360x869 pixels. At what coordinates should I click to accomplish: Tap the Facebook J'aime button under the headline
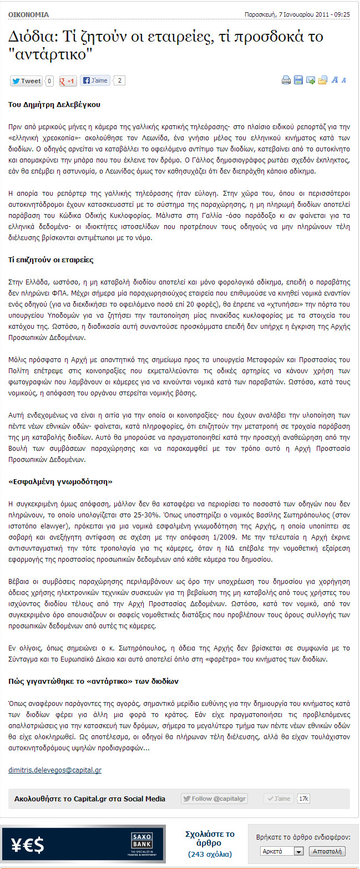(95, 80)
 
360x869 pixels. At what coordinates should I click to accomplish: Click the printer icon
(286, 80)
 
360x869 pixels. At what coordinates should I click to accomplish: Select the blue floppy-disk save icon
(298, 80)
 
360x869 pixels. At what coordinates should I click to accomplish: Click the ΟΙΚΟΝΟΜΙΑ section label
(28, 14)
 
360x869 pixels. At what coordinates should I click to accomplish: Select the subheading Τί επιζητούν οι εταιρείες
(50, 260)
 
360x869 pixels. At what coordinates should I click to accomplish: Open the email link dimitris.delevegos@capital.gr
(55, 770)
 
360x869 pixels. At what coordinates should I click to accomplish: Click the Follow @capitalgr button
(214, 799)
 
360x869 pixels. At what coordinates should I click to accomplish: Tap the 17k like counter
(303, 799)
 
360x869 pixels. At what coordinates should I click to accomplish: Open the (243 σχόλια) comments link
(210, 854)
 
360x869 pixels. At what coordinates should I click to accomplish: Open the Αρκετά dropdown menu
(282, 851)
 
